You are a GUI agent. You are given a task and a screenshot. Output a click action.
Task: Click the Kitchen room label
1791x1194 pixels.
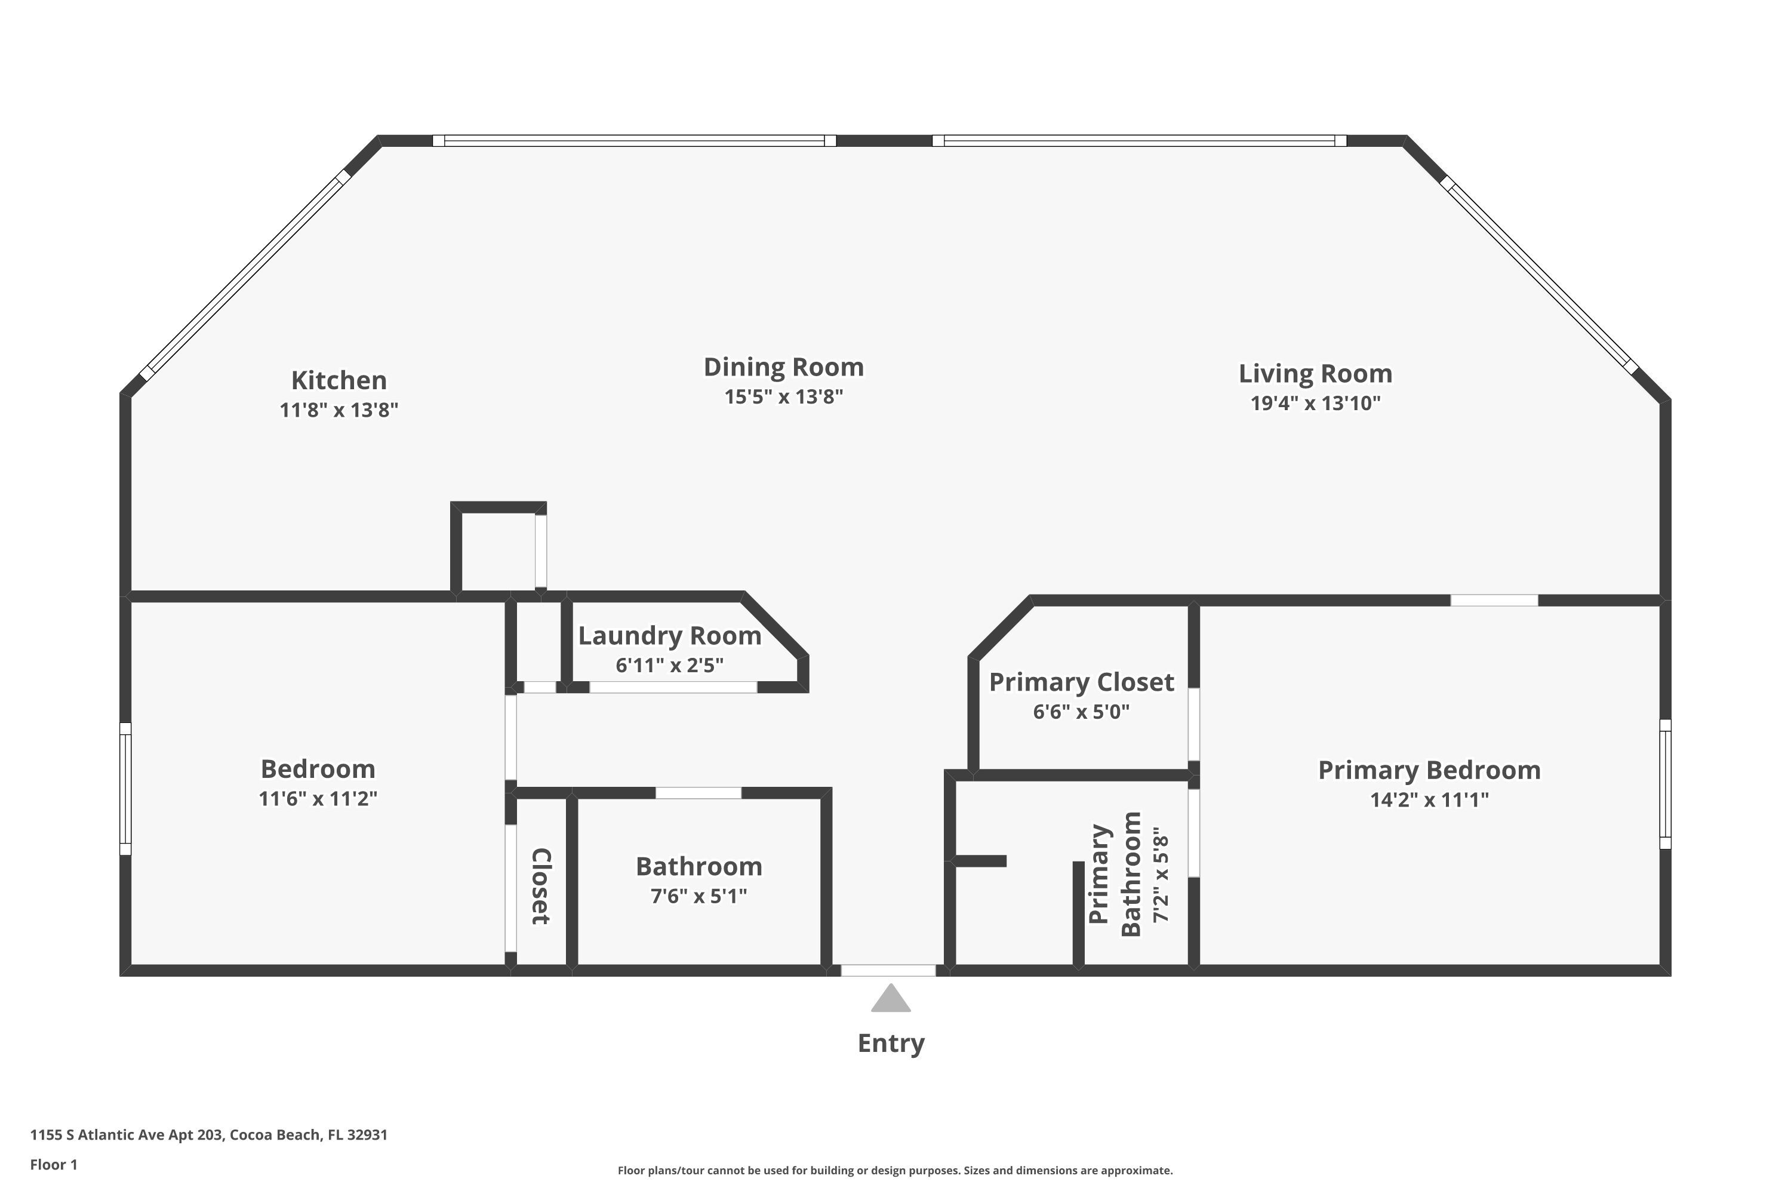[339, 380]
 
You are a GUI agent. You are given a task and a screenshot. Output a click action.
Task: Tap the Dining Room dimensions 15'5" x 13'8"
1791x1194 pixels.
[783, 397]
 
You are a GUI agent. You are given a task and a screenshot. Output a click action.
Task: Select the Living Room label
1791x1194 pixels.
[1315, 374]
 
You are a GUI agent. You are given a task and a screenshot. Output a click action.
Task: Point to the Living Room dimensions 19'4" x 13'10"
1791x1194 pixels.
[1315, 403]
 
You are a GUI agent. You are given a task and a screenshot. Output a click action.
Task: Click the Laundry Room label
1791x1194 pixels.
[669, 636]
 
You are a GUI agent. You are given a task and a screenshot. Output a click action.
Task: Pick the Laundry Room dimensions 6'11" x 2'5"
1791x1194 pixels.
[669, 666]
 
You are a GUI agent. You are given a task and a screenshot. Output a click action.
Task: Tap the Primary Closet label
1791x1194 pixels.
[1081, 682]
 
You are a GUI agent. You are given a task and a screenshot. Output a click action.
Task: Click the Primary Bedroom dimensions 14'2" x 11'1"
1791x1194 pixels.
[1429, 799]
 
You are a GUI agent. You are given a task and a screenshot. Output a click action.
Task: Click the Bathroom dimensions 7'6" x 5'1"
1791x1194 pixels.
[698, 896]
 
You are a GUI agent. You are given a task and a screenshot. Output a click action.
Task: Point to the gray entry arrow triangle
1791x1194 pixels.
[890, 998]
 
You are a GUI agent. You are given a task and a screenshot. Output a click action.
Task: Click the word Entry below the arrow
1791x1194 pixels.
[891, 1043]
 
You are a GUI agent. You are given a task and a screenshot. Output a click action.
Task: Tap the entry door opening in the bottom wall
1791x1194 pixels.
[888, 971]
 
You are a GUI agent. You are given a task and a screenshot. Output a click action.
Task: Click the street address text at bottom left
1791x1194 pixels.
[208, 1135]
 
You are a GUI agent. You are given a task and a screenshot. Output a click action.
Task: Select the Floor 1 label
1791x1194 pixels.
[53, 1164]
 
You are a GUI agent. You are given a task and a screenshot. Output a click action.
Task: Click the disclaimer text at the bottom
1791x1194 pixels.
[895, 1170]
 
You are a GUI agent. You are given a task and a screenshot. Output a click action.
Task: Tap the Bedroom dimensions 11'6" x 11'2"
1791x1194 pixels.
[318, 799]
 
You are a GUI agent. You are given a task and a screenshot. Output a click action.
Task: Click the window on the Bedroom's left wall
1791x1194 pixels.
[125, 789]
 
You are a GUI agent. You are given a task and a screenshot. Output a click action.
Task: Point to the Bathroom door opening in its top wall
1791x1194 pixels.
[698, 793]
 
